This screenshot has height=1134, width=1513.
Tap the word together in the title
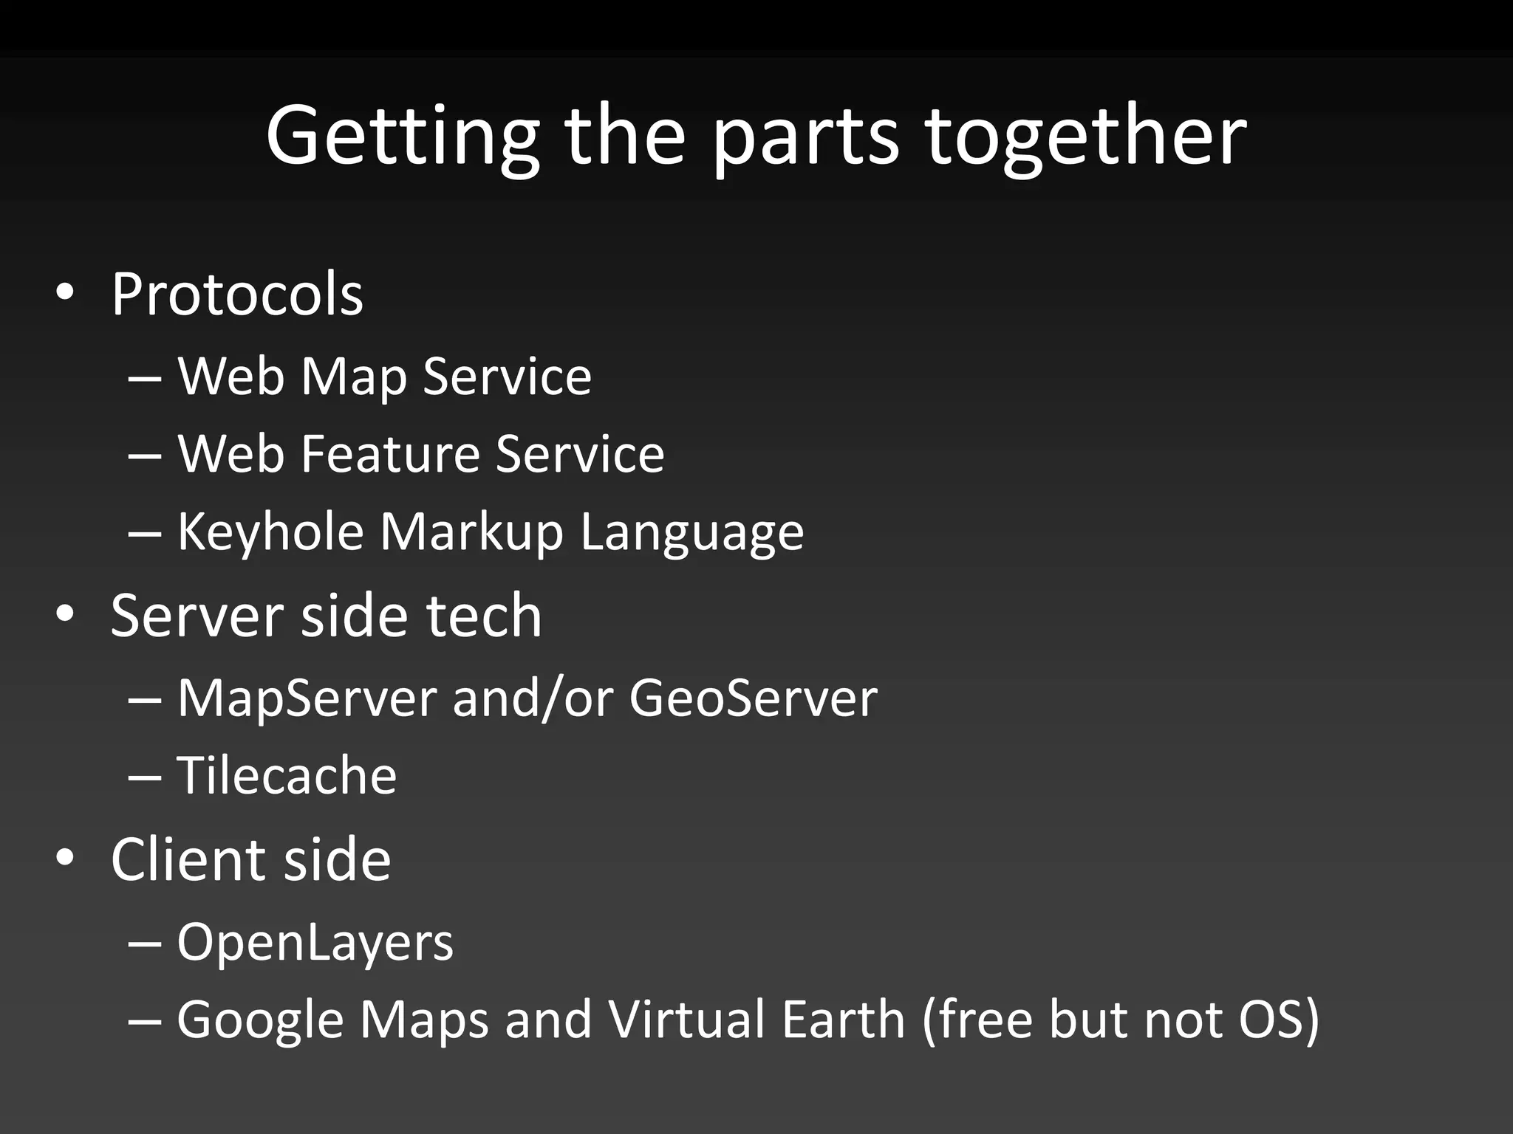click(x=1086, y=137)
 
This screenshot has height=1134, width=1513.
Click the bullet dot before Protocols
click(x=65, y=293)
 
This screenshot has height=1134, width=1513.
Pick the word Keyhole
click(x=270, y=532)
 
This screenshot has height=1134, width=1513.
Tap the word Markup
click(x=472, y=532)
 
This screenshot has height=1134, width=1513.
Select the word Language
click(x=692, y=532)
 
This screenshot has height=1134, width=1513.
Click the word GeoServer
click(x=753, y=698)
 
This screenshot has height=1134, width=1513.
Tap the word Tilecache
click(x=287, y=775)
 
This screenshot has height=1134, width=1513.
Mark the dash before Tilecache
click(x=145, y=777)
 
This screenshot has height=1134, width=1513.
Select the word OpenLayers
click(x=315, y=943)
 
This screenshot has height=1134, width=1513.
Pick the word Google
click(x=260, y=1020)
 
